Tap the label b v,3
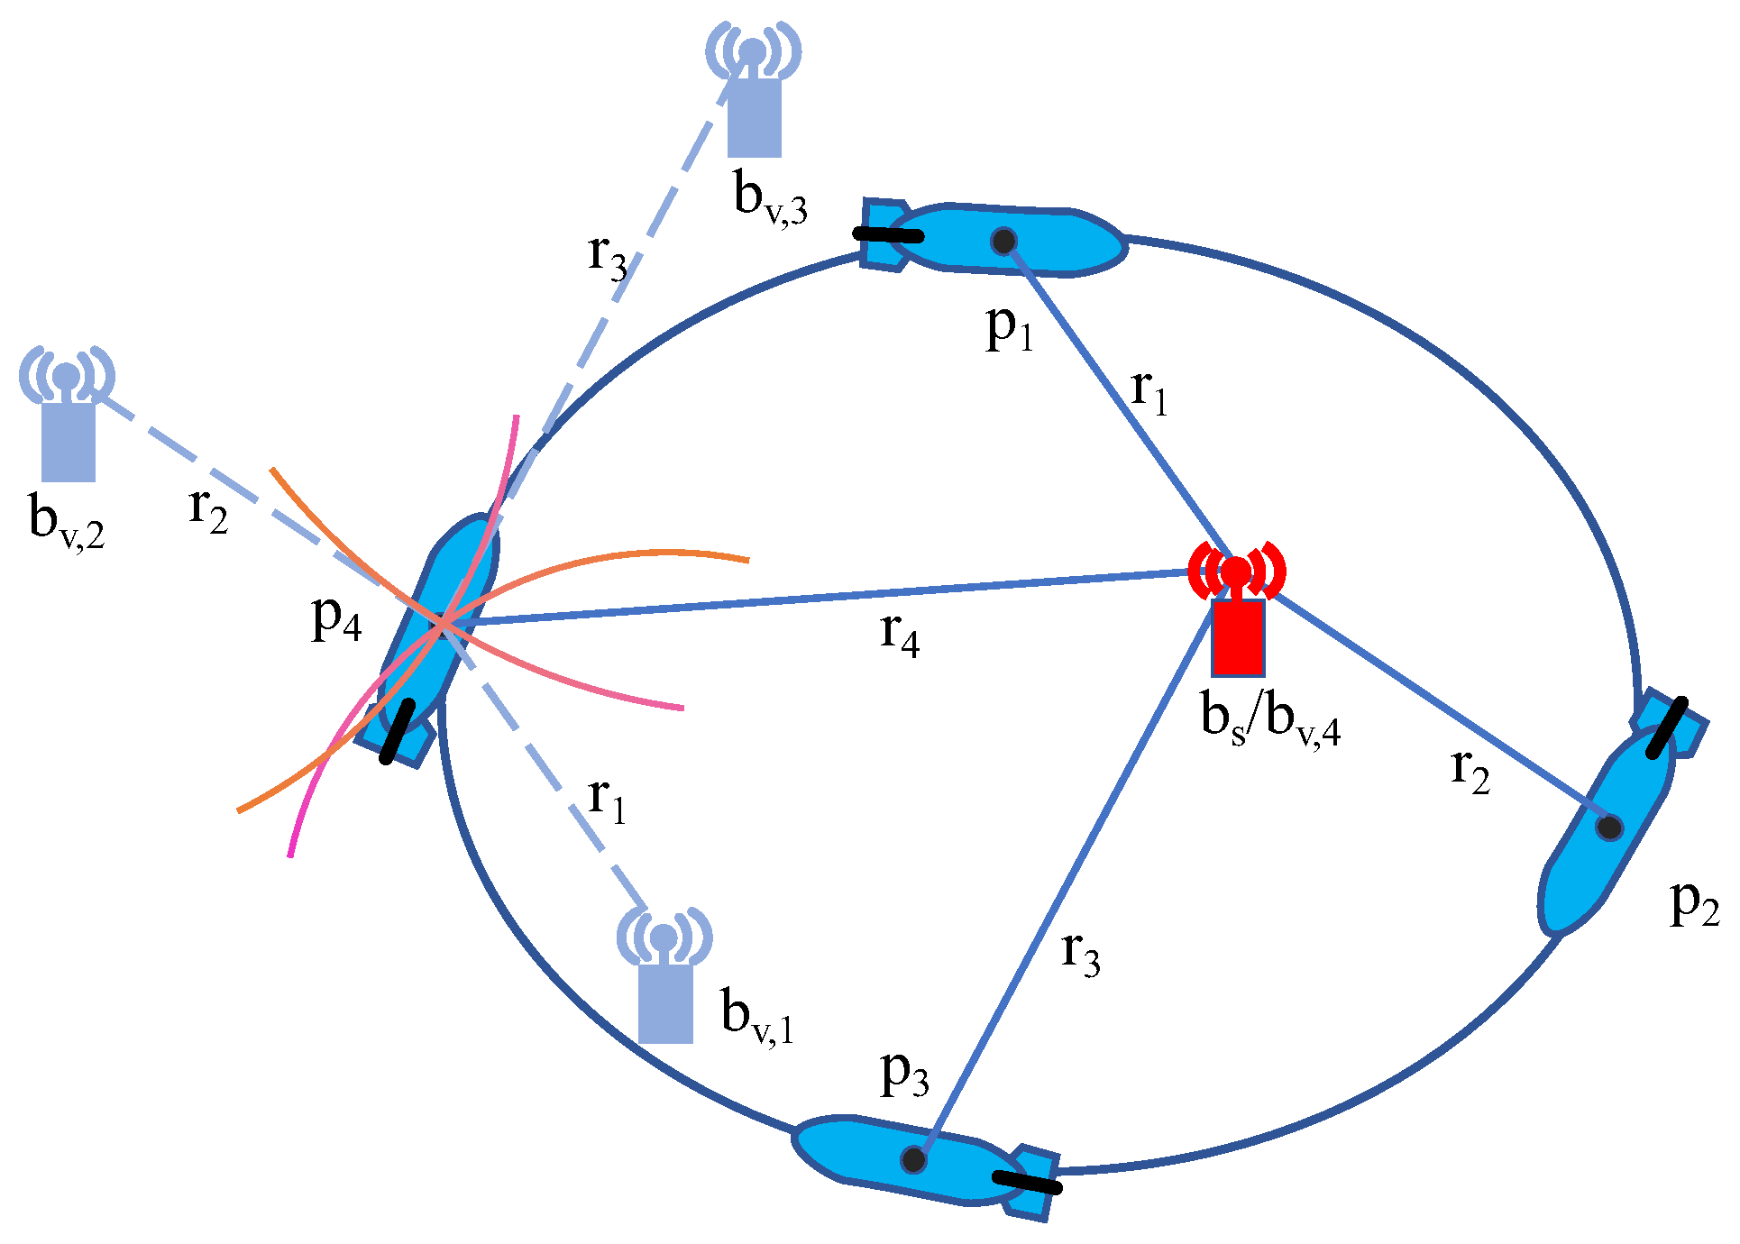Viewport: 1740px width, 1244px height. coord(770,198)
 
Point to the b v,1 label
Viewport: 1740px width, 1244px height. coord(757,1016)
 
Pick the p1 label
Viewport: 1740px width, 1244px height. coord(1009,329)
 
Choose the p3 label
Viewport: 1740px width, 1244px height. coord(904,1075)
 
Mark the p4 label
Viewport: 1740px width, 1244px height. coord(336,620)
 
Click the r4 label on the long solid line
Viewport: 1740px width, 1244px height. coord(899,634)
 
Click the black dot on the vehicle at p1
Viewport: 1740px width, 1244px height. coord(1003,241)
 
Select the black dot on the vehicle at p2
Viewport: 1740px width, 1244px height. coord(1609,828)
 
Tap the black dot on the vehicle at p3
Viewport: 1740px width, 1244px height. coord(913,1159)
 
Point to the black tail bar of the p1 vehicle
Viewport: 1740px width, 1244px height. coord(888,234)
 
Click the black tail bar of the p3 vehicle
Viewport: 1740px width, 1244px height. coord(1027,1182)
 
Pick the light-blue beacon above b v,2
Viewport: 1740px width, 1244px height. coord(68,414)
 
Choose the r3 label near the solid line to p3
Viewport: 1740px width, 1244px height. coord(1080,953)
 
